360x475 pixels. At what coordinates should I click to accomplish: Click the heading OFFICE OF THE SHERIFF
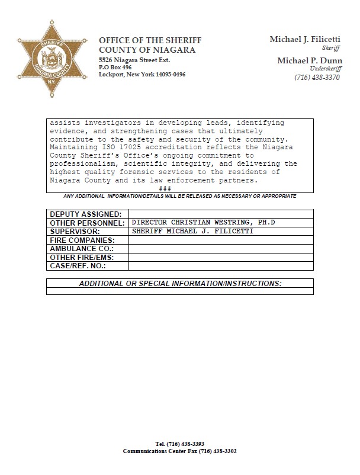pos(150,40)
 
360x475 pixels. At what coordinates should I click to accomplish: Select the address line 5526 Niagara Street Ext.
pos(134,60)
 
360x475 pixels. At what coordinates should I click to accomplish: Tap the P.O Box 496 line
pos(115,68)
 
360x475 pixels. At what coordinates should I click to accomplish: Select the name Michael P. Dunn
pos(309,60)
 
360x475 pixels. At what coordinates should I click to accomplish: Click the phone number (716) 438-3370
pos(317,78)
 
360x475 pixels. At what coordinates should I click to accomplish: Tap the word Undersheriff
pos(326,69)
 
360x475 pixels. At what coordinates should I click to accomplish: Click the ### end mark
pos(165,188)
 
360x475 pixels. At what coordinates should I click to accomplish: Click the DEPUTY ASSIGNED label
pos(85,214)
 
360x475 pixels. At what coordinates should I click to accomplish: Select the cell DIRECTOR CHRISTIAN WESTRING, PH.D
pos(203,223)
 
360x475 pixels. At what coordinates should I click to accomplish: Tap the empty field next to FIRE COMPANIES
pos(221,240)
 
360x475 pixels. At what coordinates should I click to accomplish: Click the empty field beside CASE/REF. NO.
pos(221,267)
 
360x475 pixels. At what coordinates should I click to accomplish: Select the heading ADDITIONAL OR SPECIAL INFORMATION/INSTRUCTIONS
pos(180,284)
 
